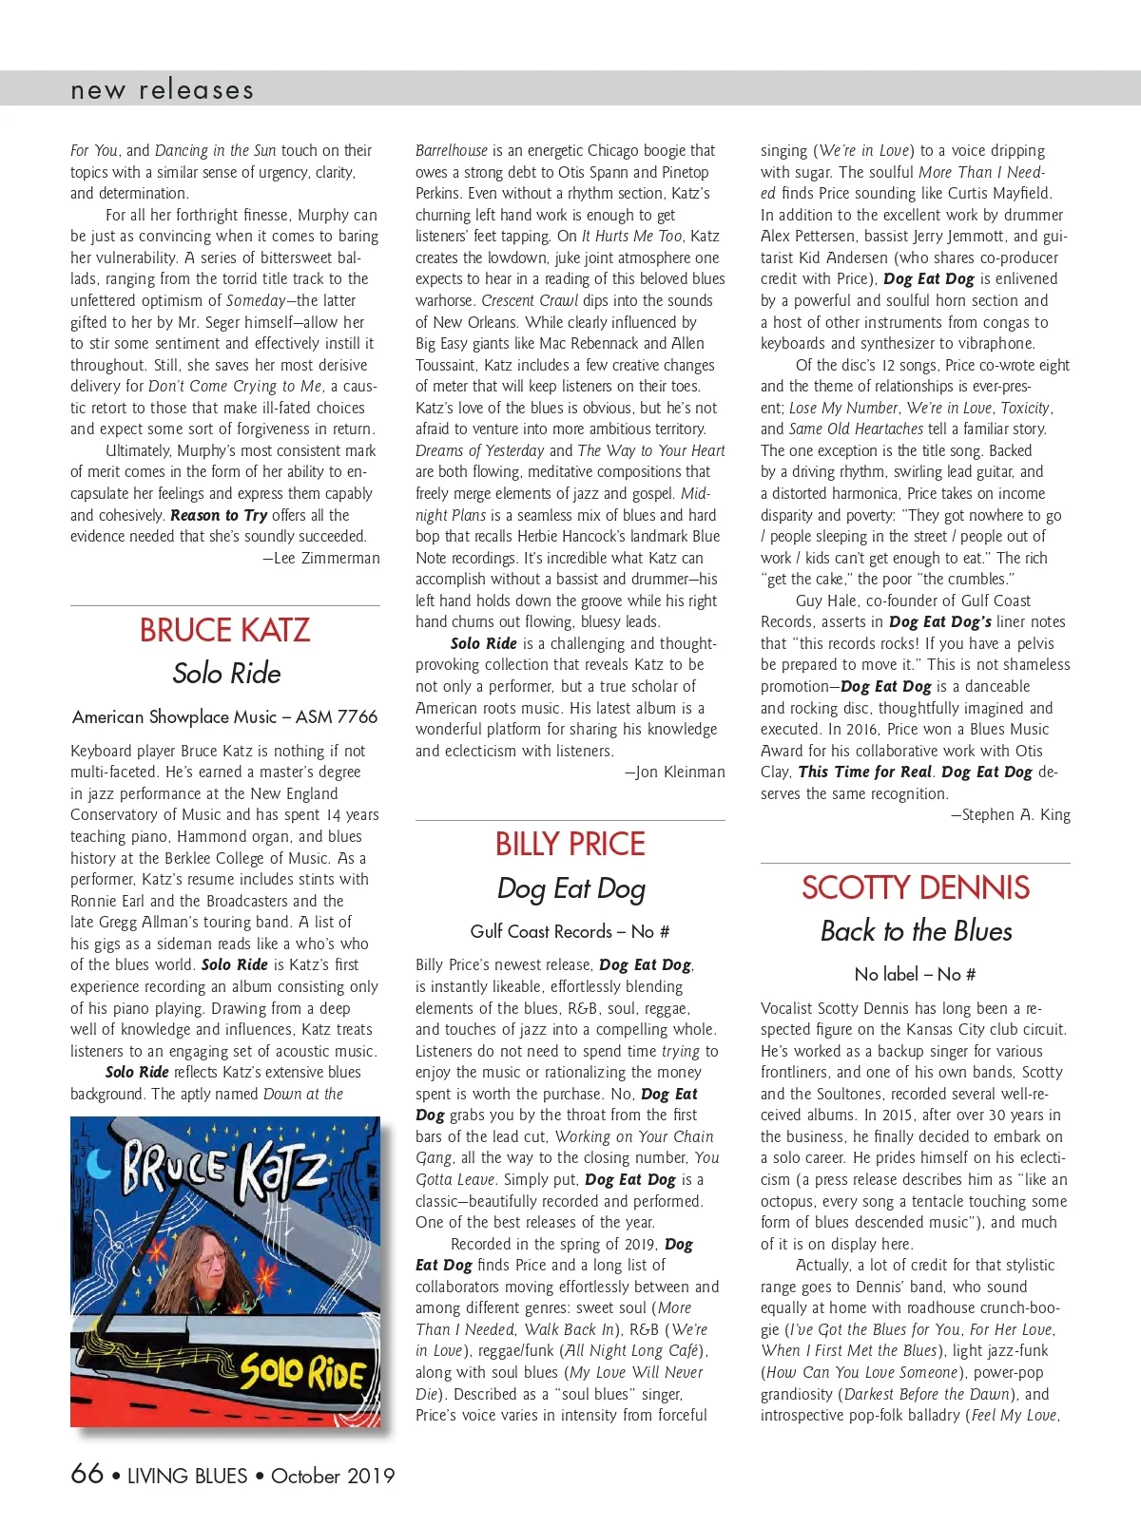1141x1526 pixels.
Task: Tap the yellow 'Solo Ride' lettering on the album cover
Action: (302, 1371)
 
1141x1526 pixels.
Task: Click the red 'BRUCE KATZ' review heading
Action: (224, 630)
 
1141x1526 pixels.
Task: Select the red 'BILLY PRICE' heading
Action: (570, 844)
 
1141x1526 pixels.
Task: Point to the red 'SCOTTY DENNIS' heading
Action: (915, 887)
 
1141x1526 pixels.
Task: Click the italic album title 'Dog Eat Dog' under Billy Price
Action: (570, 888)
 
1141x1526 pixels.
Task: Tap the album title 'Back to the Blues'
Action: (916, 931)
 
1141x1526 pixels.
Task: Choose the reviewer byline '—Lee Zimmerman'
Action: (321, 559)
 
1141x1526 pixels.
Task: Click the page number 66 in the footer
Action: (87, 1474)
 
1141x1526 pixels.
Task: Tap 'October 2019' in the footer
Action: (332, 1476)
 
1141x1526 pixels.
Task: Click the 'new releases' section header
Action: (162, 90)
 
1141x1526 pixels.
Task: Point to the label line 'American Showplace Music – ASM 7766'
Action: (224, 716)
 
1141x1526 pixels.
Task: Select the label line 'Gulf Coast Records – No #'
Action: (570, 931)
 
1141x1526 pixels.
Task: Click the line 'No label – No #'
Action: (915, 974)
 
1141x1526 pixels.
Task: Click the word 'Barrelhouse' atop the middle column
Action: (452, 150)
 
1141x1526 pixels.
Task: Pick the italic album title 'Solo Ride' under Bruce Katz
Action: (226, 674)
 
